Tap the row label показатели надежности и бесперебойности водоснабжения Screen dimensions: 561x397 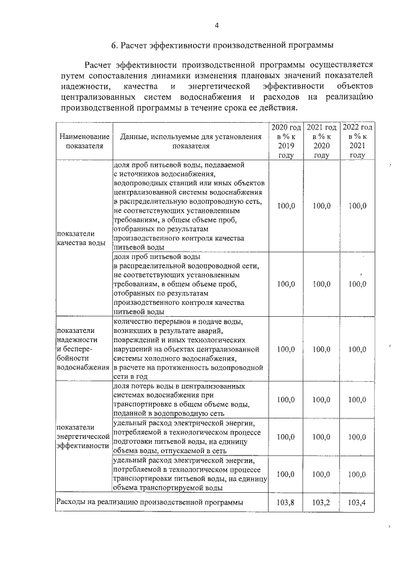(x=82, y=349)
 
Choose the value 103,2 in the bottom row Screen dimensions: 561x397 (x=321, y=502)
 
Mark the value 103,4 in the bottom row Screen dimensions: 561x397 (x=357, y=502)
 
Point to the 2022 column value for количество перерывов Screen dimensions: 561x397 (x=357, y=349)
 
